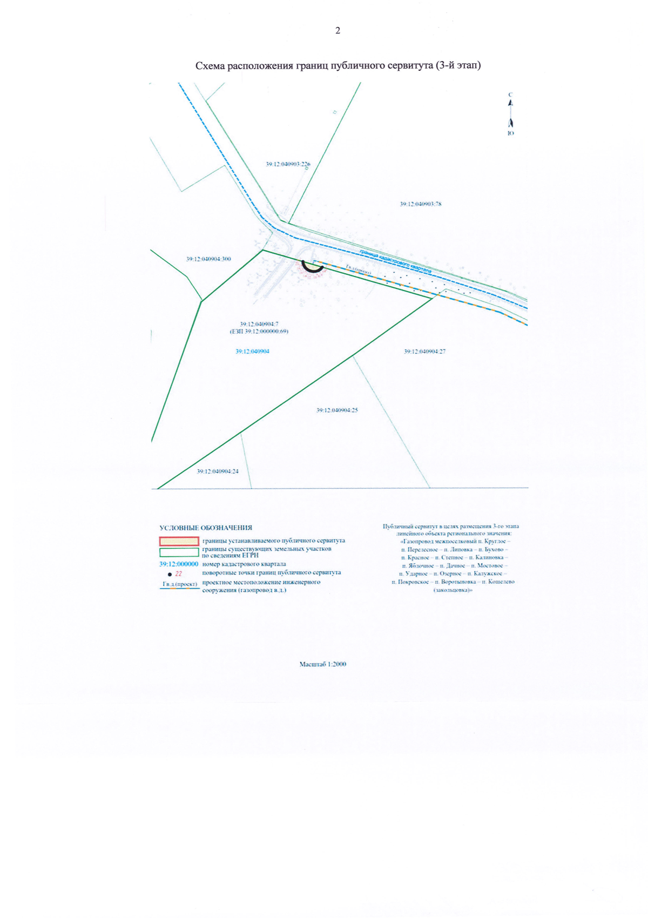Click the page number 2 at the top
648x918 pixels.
[337, 31]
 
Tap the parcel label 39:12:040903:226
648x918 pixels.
[288, 164]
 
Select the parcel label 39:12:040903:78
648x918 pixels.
[421, 204]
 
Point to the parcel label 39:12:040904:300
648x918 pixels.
[208, 259]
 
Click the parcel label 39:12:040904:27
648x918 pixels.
[424, 352]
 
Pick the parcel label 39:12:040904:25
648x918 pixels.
[337, 410]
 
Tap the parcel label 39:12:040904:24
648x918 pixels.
[218, 471]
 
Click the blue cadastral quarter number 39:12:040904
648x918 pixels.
[252, 352]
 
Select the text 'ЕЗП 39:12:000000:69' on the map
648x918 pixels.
[259, 332]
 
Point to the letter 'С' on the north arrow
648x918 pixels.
[510, 95]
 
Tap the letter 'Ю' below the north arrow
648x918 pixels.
[511, 133]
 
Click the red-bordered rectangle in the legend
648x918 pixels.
[179, 541]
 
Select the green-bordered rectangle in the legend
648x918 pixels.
[179, 552]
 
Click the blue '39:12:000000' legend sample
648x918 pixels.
[179, 564]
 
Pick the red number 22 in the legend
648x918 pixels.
[179, 574]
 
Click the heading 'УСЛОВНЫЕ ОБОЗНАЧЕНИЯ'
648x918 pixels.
[206, 528]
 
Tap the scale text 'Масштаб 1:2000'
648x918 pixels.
[323, 664]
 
